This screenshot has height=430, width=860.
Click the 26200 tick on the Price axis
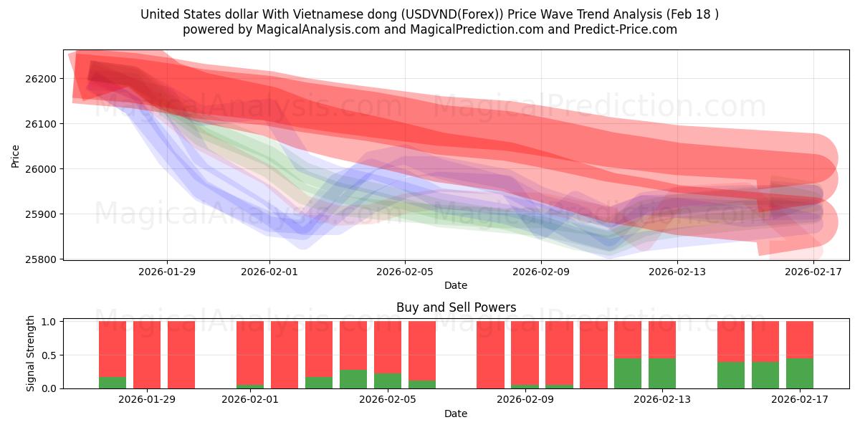[44, 79]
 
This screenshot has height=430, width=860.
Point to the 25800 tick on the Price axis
[44, 259]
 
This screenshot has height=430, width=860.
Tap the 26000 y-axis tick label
[44, 169]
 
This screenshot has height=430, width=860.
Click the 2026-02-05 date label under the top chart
[405, 272]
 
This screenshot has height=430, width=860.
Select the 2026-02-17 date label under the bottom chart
[800, 400]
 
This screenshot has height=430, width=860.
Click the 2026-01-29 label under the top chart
[167, 272]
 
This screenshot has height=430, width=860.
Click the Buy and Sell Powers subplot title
[456, 307]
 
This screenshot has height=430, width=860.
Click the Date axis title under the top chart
[456, 285]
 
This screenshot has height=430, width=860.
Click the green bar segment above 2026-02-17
[800, 373]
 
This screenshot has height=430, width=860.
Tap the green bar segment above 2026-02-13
[662, 373]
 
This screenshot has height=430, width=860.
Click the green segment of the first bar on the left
[113, 383]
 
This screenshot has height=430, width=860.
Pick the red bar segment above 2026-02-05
[388, 347]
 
